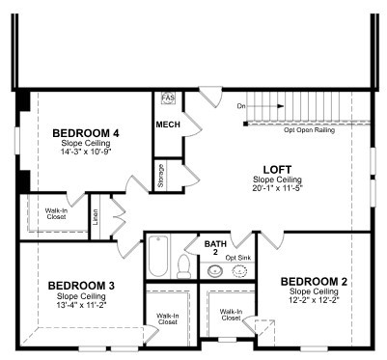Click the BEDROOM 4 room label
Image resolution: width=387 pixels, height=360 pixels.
click(86, 133)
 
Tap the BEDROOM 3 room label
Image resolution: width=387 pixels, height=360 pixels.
click(81, 286)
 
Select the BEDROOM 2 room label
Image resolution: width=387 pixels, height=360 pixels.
click(314, 282)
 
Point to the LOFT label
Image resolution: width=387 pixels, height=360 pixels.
click(277, 170)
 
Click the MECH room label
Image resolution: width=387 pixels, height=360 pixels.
click(168, 125)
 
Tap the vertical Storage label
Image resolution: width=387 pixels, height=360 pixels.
click(161, 176)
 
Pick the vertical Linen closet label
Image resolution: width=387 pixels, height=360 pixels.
click(96, 217)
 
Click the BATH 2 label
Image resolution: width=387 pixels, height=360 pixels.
click(215, 248)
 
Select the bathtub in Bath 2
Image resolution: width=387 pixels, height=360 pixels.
click(158, 256)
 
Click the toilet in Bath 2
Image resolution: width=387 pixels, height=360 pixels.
click(184, 266)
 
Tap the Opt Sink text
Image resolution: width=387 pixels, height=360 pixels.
click(238, 258)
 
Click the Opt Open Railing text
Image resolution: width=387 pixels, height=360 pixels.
click(309, 130)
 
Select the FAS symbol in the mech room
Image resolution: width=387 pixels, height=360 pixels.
click(168, 97)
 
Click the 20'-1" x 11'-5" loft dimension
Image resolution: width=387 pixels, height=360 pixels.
click(278, 187)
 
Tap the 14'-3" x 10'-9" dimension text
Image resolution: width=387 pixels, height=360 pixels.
click(86, 151)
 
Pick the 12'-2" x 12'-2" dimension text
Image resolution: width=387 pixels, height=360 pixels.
click(314, 300)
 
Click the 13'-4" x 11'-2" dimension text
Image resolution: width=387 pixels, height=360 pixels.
click(81, 304)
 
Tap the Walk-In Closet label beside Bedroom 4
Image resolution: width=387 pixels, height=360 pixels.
click(56, 213)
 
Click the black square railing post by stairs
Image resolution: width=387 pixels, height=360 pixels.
click(245, 124)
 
